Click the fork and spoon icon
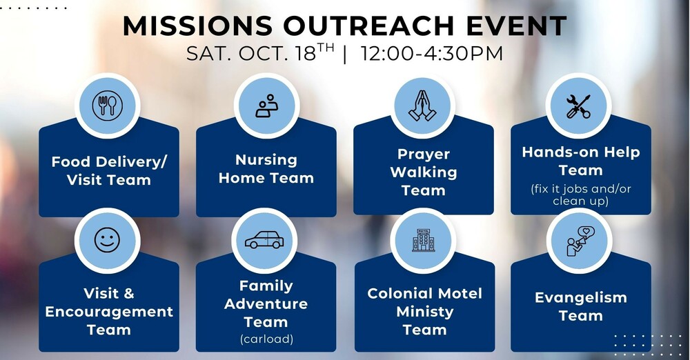(107, 106)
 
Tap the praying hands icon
(422, 106)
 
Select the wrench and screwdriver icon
(578, 106)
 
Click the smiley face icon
(107, 240)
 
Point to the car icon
(264, 240)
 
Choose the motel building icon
(423, 240)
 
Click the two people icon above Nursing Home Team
(266, 106)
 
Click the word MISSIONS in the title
(197, 26)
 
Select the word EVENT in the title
(517, 26)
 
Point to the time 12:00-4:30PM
(432, 54)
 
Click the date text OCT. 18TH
(286, 53)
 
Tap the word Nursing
(266, 160)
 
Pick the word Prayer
(424, 154)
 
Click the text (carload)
(266, 339)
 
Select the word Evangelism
(581, 298)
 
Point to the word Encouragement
(109, 312)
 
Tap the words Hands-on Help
(581, 152)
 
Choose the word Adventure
(266, 303)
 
